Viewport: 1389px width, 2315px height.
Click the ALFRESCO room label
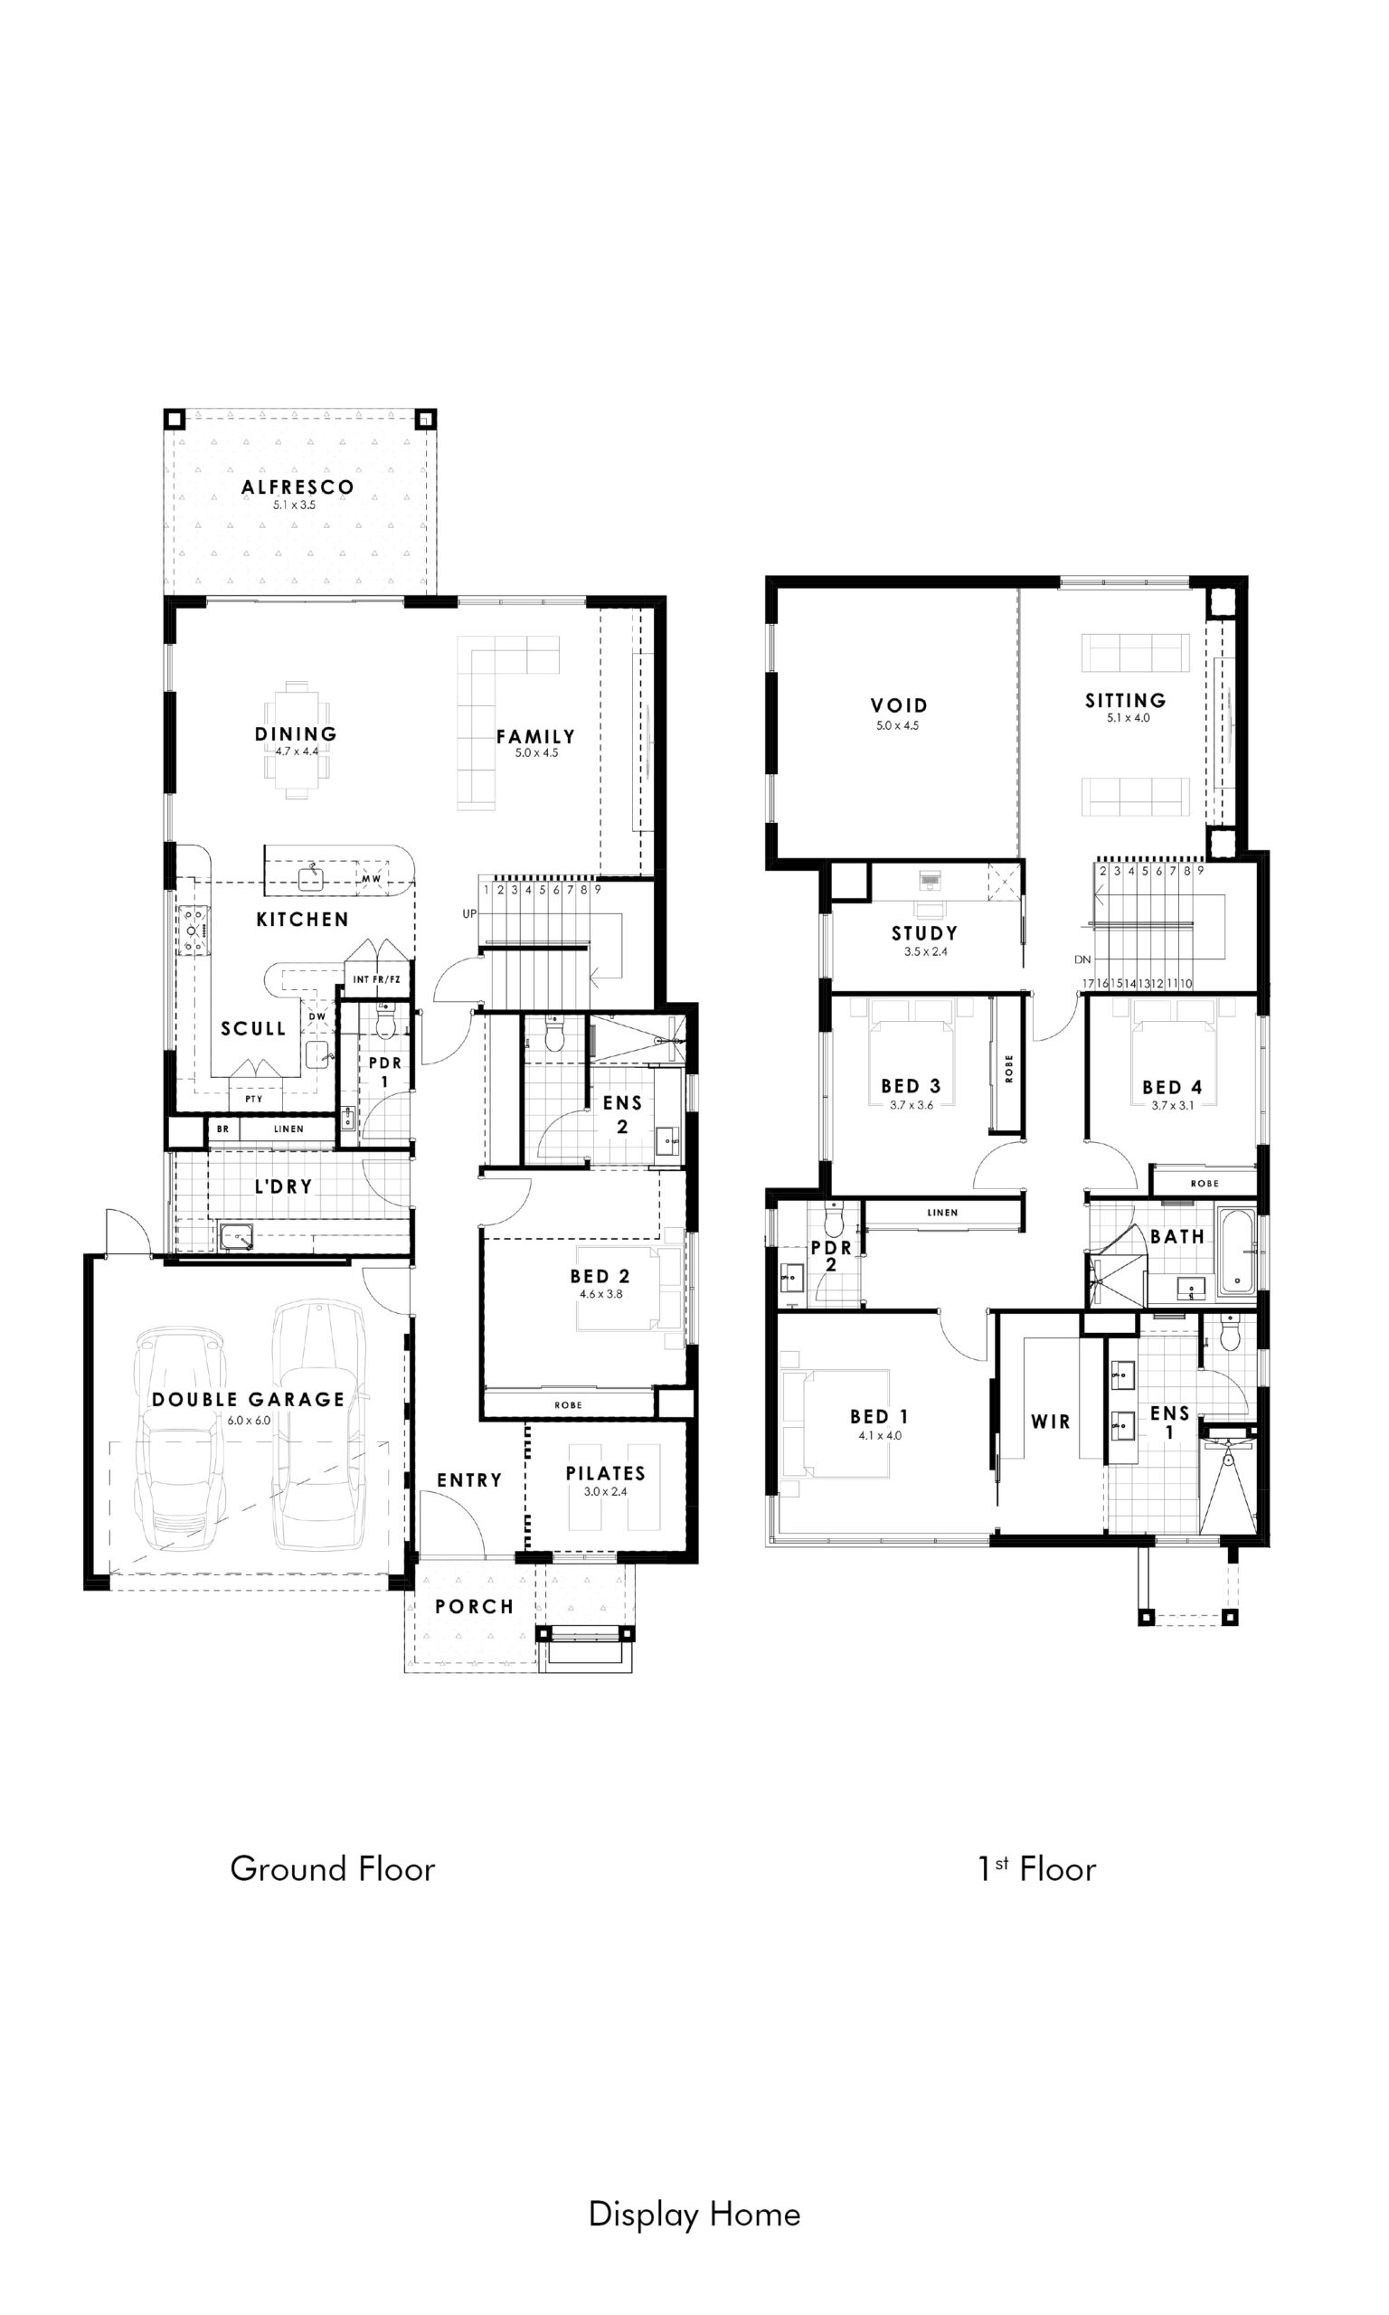[298, 487]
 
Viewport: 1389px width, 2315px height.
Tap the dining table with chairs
[297, 739]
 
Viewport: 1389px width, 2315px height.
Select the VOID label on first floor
[899, 705]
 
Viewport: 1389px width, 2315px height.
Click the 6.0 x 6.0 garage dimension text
[249, 1421]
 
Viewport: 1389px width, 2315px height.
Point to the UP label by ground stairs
[469, 913]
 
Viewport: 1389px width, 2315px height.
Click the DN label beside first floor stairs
[1082, 960]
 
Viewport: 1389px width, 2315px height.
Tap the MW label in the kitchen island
[371, 880]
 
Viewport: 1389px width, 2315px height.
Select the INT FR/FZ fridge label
[376, 979]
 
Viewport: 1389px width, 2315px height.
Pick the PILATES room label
[606, 1473]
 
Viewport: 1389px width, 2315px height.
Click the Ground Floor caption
[332, 1868]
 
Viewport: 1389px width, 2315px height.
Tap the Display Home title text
[694, 2214]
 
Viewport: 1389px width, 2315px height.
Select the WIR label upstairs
[1050, 1422]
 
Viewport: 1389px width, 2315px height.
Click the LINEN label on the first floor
[942, 1213]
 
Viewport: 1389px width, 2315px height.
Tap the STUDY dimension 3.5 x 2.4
[925, 951]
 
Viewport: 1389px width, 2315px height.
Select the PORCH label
[474, 1607]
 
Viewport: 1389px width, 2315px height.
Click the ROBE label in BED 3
[1009, 1069]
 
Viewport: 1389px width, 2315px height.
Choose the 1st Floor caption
[1037, 1868]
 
